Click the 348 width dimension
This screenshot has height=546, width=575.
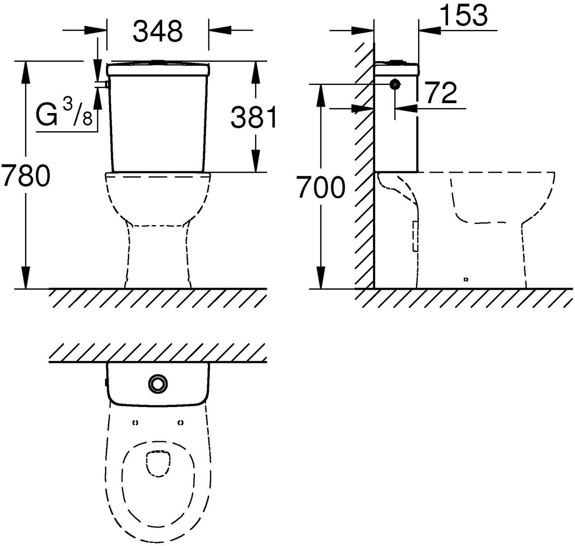click(158, 31)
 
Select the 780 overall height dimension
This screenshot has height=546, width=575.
click(26, 175)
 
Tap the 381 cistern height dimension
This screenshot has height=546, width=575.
click(253, 117)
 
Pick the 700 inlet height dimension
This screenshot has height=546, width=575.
click(320, 187)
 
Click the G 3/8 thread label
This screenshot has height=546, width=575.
click(64, 114)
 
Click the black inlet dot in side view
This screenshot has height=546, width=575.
click(395, 85)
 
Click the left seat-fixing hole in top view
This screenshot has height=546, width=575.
click(136, 423)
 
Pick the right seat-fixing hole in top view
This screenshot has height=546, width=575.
click(181, 423)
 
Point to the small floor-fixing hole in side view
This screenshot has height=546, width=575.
click(466, 280)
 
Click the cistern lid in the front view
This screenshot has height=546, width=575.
click(158, 69)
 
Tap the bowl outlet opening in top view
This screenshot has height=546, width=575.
click(159, 464)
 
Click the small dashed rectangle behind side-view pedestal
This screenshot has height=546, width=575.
click(415, 236)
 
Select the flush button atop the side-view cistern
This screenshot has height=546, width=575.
click(396, 62)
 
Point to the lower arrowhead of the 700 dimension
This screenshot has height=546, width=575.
click(321, 278)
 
